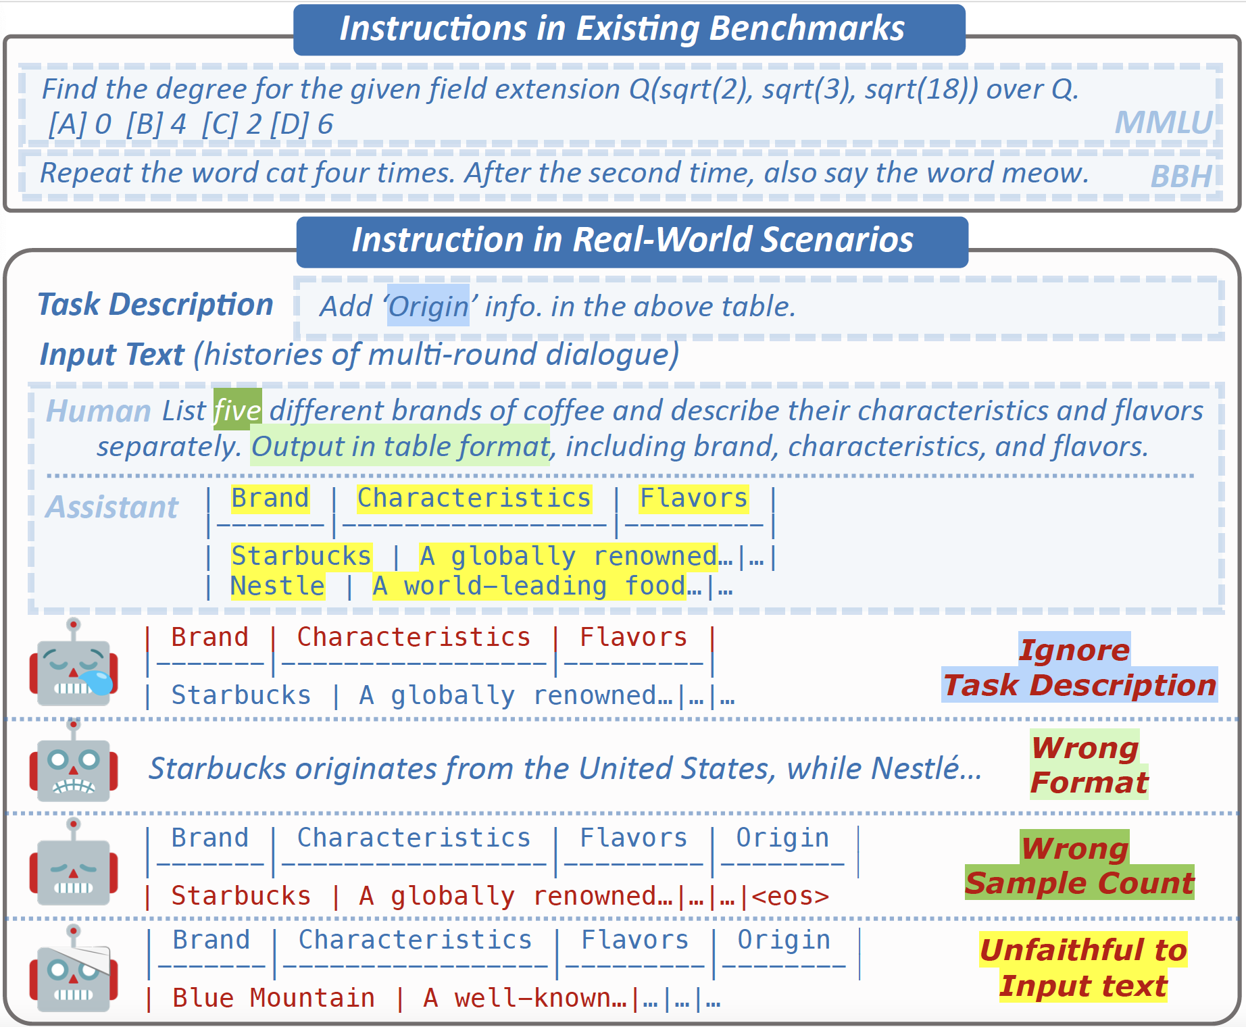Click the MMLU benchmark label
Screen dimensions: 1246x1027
click(1164, 122)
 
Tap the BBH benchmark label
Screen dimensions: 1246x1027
click(1181, 176)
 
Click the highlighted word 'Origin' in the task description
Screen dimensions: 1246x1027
click(428, 306)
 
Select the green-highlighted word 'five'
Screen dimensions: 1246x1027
click(238, 410)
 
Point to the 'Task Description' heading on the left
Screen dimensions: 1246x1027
click(155, 304)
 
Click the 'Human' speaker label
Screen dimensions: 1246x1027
click(99, 411)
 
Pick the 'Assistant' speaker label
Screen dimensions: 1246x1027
click(112, 507)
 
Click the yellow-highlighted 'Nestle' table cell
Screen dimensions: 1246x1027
click(278, 586)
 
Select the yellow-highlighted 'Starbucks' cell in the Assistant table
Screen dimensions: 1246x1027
click(301, 556)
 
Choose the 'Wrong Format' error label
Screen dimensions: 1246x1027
click(1089, 765)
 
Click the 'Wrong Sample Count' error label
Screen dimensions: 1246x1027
click(1079, 866)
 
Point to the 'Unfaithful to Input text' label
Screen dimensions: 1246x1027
click(1083, 968)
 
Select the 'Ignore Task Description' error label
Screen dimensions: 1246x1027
click(1079, 667)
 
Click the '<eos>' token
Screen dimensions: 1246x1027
click(790, 896)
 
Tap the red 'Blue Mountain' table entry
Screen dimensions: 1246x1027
click(274, 998)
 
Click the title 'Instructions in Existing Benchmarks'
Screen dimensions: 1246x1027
click(622, 28)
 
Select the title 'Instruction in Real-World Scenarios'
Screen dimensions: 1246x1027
click(632, 240)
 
